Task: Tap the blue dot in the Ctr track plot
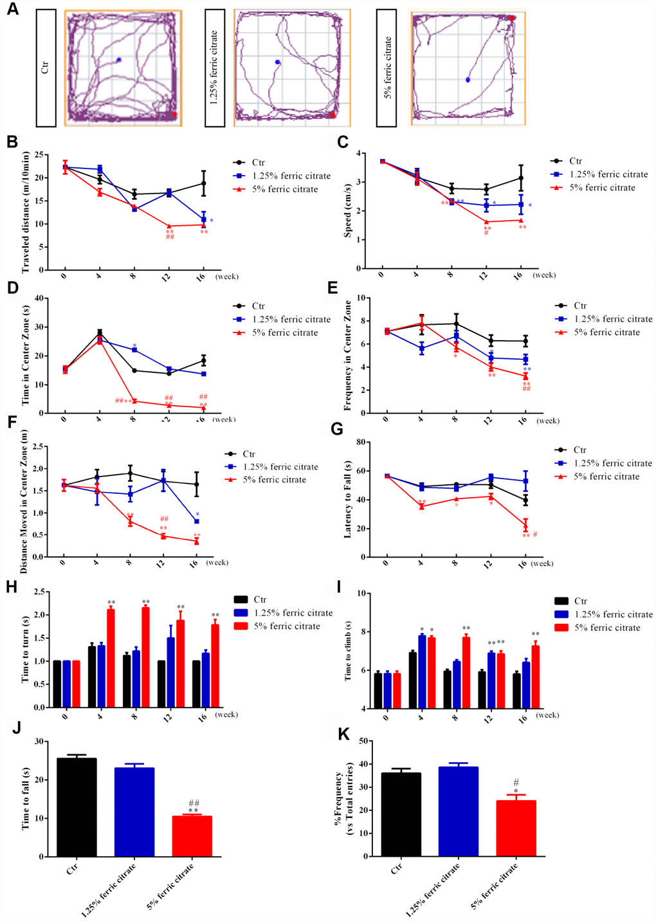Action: point(119,60)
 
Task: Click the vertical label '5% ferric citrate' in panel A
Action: point(388,68)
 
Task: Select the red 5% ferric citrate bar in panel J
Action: point(192,835)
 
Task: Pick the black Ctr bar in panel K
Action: point(401,814)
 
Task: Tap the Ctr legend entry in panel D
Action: point(258,306)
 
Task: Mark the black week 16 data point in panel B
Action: point(203,183)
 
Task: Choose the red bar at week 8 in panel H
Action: point(145,657)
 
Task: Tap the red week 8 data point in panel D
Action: point(134,401)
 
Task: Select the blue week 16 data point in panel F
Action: point(196,521)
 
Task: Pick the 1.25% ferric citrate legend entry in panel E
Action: point(613,319)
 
